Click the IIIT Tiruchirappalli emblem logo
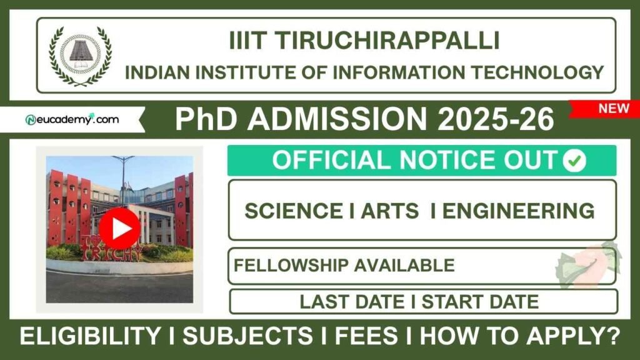80,56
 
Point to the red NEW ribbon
612,109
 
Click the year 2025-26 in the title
496,119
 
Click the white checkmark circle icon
574,161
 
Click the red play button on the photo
119,229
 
